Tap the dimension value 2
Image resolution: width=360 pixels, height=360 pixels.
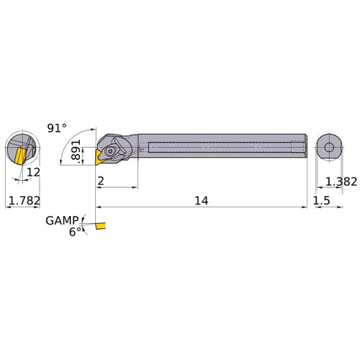(102, 181)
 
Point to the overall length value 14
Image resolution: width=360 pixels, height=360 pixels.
(200, 202)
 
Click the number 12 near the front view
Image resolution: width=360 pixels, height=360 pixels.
(32, 173)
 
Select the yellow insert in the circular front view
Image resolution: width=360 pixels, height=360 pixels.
(17, 153)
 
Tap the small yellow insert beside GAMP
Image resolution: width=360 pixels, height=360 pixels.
(99, 228)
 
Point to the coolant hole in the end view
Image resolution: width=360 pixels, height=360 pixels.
(328, 148)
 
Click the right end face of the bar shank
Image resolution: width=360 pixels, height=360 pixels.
(306, 148)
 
